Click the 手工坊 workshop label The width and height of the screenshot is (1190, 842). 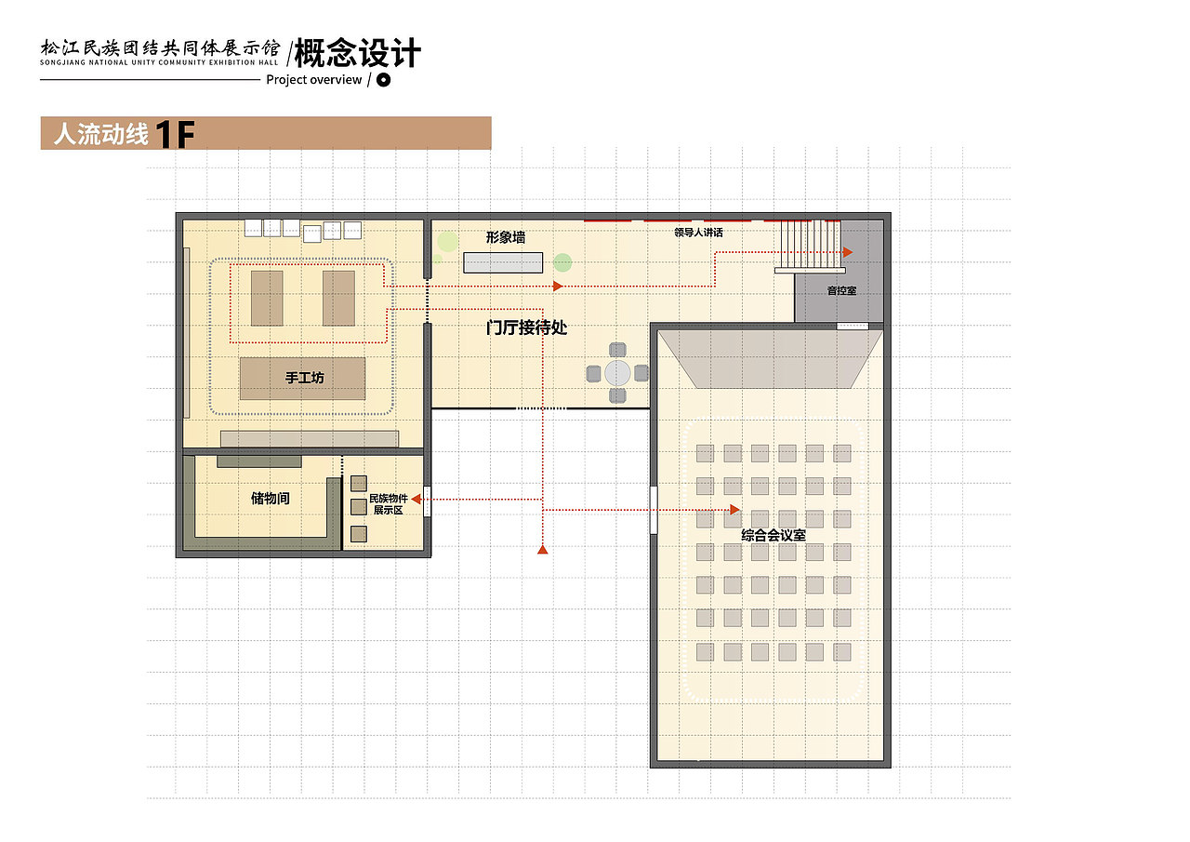click(x=304, y=378)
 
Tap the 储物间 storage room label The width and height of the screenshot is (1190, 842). click(x=271, y=498)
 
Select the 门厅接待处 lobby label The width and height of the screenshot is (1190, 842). click(x=526, y=327)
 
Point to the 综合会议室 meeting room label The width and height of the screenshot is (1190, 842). click(x=773, y=535)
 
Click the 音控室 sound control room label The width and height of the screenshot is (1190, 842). click(x=842, y=291)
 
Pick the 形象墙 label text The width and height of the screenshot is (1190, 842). click(x=506, y=237)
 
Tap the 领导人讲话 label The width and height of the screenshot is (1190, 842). click(x=698, y=233)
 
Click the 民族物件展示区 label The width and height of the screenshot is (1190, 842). click(x=389, y=504)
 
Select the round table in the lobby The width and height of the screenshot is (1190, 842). click(x=617, y=373)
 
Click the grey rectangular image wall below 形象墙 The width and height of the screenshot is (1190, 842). click(x=503, y=262)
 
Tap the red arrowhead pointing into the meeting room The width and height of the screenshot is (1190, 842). click(x=735, y=510)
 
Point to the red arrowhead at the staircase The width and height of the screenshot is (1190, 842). click(x=848, y=252)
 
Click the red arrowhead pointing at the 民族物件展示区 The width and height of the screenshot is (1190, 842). click(x=416, y=499)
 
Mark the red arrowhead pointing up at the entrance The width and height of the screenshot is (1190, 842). click(x=542, y=549)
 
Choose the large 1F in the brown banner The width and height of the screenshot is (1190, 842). click(x=176, y=134)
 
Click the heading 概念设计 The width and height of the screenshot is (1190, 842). click(x=358, y=53)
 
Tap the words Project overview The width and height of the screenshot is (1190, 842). click(x=314, y=80)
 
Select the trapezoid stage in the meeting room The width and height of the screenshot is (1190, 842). click(x=771, y=359)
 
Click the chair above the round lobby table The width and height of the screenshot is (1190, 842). click(x=617, y=350)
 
